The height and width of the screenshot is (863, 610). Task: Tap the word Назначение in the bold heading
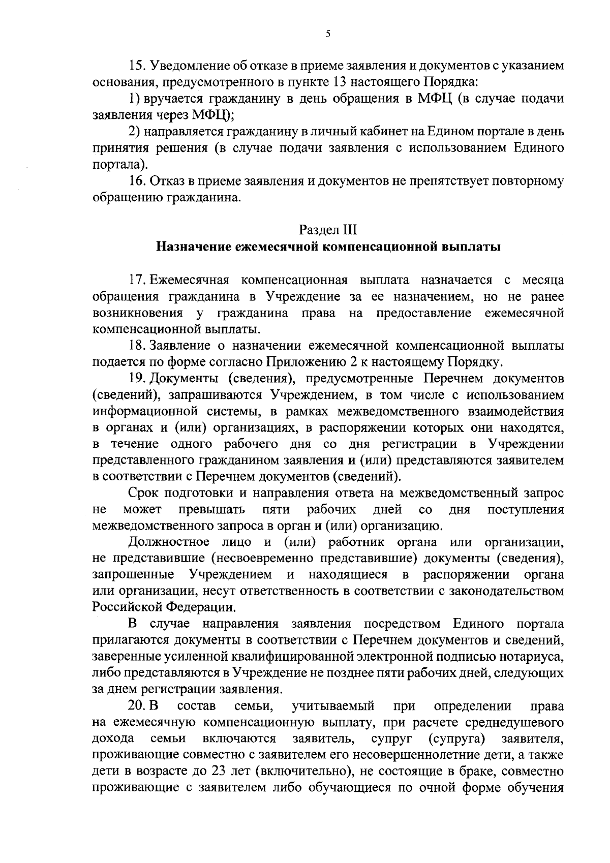[x=192, y=247]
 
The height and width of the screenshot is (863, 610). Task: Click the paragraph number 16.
[x=138, y=181]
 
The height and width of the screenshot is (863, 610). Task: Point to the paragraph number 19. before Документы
[x=138, y=379]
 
